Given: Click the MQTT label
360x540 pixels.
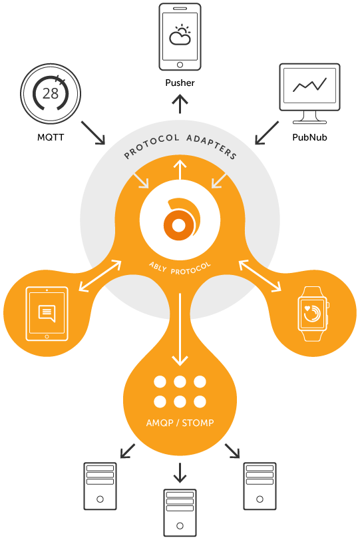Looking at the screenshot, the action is [x=51, y=137].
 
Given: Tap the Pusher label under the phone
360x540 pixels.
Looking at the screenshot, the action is [x=180, y=83].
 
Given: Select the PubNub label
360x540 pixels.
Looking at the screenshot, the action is [x=309, y=137].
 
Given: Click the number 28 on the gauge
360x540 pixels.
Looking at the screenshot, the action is [x=51, y=93].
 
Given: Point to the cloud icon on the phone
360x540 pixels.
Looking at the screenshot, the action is [x=180, y=35].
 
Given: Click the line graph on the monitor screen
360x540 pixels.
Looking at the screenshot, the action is [x=309, y=85].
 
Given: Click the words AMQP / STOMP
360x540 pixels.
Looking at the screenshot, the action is [x=180, y=423].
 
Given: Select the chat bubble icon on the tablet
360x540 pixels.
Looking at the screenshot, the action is [x=47, y=314].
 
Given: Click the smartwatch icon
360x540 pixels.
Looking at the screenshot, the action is [x=313, y=314].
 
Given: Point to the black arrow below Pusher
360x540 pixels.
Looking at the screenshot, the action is [x=180, y=105].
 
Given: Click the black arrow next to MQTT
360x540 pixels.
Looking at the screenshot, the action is [x=93, y=133].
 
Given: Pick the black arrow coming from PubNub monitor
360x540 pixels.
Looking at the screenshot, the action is [x=267, y=133].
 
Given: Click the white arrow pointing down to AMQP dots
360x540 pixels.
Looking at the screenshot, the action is [x=180, y=329].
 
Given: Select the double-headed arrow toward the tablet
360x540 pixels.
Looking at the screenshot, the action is [x=100, y=276].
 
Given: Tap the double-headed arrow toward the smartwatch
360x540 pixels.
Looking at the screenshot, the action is [x=260, y=276].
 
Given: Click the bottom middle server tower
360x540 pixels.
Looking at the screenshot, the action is [x=180, y=513].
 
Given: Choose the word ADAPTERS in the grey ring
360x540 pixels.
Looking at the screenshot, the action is [x=212, y=146].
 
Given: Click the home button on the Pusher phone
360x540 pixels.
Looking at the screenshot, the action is [x=180, y=65].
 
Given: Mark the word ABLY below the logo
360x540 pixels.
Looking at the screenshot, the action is [x=158, y=266].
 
